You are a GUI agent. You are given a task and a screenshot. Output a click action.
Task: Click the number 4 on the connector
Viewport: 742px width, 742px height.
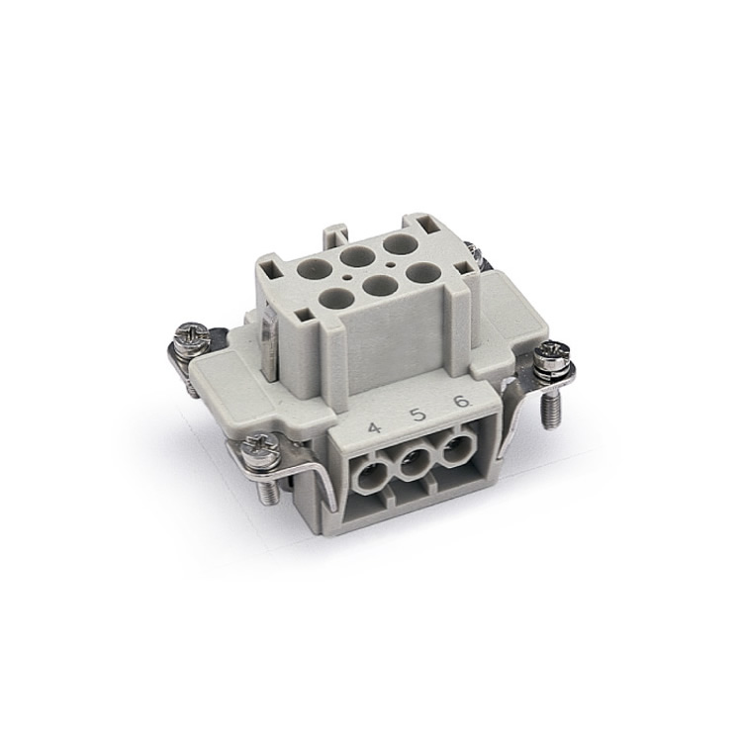click(x=374, y=428)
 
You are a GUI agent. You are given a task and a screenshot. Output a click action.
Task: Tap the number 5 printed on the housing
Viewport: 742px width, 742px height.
click(x=418, y=415)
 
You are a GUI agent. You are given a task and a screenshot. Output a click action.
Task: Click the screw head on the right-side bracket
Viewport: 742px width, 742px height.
click(x=551, y=352)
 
